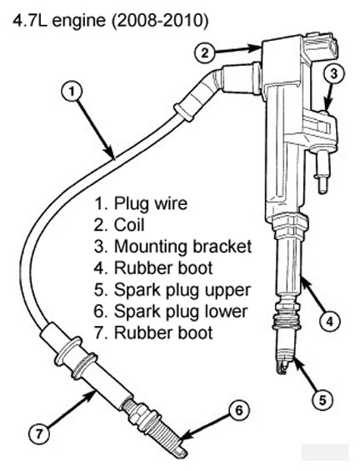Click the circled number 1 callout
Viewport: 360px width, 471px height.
point(72,92)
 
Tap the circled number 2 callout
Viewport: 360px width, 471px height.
point(204,53)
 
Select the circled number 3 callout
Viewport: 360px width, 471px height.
point(333,74)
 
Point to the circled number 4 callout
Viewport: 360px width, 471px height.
point(330,322)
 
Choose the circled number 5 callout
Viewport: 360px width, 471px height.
point(322,400)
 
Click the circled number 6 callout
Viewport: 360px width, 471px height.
point(238,411)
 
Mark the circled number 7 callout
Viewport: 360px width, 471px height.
point(38,434)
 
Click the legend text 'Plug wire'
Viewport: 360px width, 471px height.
point(151,203)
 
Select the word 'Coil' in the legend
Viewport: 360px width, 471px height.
point(129,225)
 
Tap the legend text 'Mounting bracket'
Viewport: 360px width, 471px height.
point(182,247)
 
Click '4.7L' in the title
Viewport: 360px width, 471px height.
point(30,21)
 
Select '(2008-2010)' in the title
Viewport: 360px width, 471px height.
point(160,22)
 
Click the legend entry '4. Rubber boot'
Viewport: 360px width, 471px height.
point(153,268)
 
